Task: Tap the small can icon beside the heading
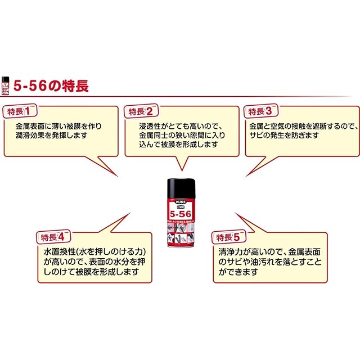click(x=6, y=85)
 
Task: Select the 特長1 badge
click(x=19, y=111)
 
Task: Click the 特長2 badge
click(x=141, y=111)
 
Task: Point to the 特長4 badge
click(x=53, y=236)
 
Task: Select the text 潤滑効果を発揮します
click(x=52, y=136)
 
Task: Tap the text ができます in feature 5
click(x=238, y=272)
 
